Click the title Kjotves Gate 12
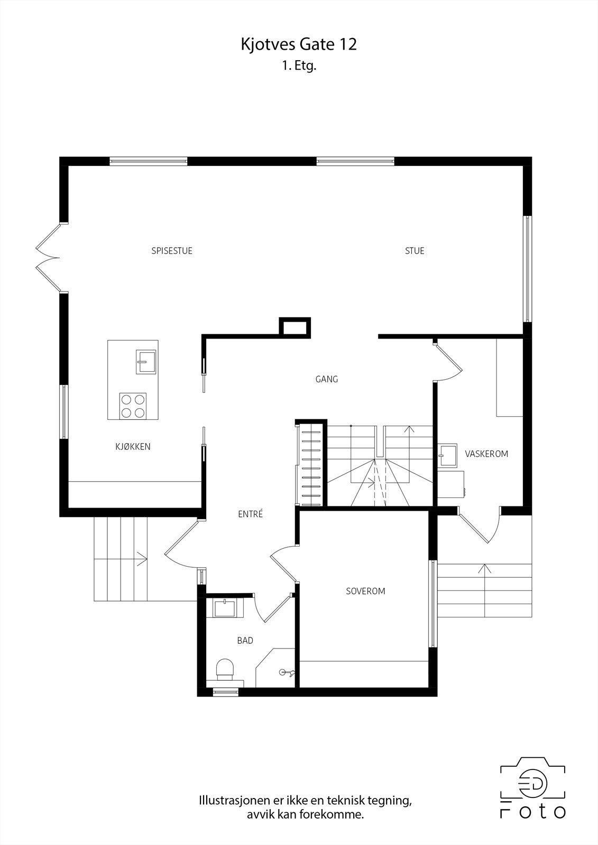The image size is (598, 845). (299, 44)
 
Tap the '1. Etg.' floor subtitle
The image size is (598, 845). (299, 67)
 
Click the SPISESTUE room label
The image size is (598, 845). (172, 251)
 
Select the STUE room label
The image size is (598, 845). (415, 251)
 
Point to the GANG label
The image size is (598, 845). (326, 379)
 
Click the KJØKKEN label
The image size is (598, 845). (133, 447)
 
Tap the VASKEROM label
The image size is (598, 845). (486, 454)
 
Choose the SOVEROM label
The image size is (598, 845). (365, 591)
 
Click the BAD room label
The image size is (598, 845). (245, 641)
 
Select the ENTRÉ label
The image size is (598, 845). (250, 514)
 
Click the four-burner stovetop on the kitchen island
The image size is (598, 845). (133, 406)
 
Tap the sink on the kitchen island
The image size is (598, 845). (146, 362)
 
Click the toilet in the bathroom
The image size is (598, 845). (225, 669)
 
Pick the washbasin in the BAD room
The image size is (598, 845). (228, 607)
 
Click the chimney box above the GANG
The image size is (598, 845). (295, 327)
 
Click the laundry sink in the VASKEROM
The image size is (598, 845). (448, 455)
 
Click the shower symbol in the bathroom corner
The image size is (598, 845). (287, 672)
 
